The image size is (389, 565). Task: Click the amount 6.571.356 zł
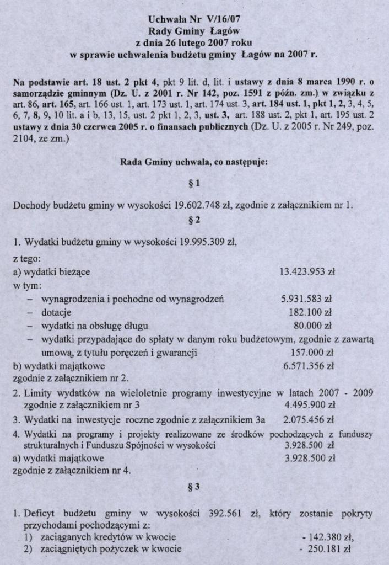coord(309,365)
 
